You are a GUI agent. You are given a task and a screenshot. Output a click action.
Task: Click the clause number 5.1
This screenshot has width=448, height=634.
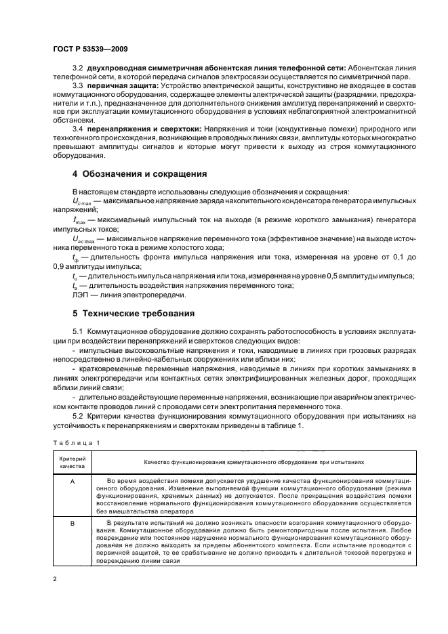click(x=77, y=331)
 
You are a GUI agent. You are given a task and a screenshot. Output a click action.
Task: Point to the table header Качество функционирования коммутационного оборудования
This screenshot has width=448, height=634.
click(x=253, y=462)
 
